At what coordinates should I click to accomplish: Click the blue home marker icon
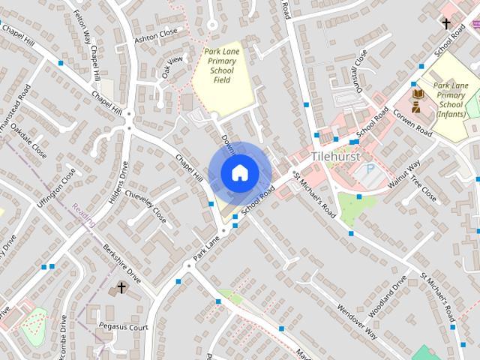coord(239,173)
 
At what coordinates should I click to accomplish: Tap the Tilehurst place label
coord(335,156)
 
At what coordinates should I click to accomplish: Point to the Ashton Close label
coord(155,35)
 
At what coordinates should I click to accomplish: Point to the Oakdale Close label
coord(34,142)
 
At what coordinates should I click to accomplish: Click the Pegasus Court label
coord(123,327)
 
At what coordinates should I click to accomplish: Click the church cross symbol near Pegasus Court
coord(121,288)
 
